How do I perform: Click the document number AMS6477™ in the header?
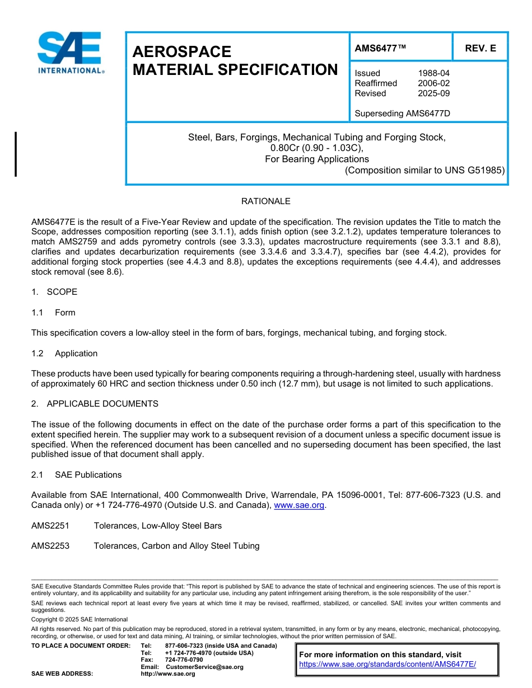point(380,49)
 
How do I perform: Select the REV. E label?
point(480,49)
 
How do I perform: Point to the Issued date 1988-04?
point(433,73)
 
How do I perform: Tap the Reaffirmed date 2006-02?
point(433,83)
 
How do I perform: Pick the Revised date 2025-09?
point(433,93)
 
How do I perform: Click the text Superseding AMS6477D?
point(402,114)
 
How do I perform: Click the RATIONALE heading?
point(265,201)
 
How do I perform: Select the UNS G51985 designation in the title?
point(474,170)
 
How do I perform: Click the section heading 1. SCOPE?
point(54,292)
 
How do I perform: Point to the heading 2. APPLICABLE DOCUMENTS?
point(95,404)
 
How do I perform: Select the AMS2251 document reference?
point(50,526)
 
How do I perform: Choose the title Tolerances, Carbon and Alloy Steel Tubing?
point(176,546)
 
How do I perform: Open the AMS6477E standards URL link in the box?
point(387,665)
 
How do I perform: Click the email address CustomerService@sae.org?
point(204,667)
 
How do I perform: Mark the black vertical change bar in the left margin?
point(16,154)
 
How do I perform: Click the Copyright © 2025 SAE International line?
point(80,619)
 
